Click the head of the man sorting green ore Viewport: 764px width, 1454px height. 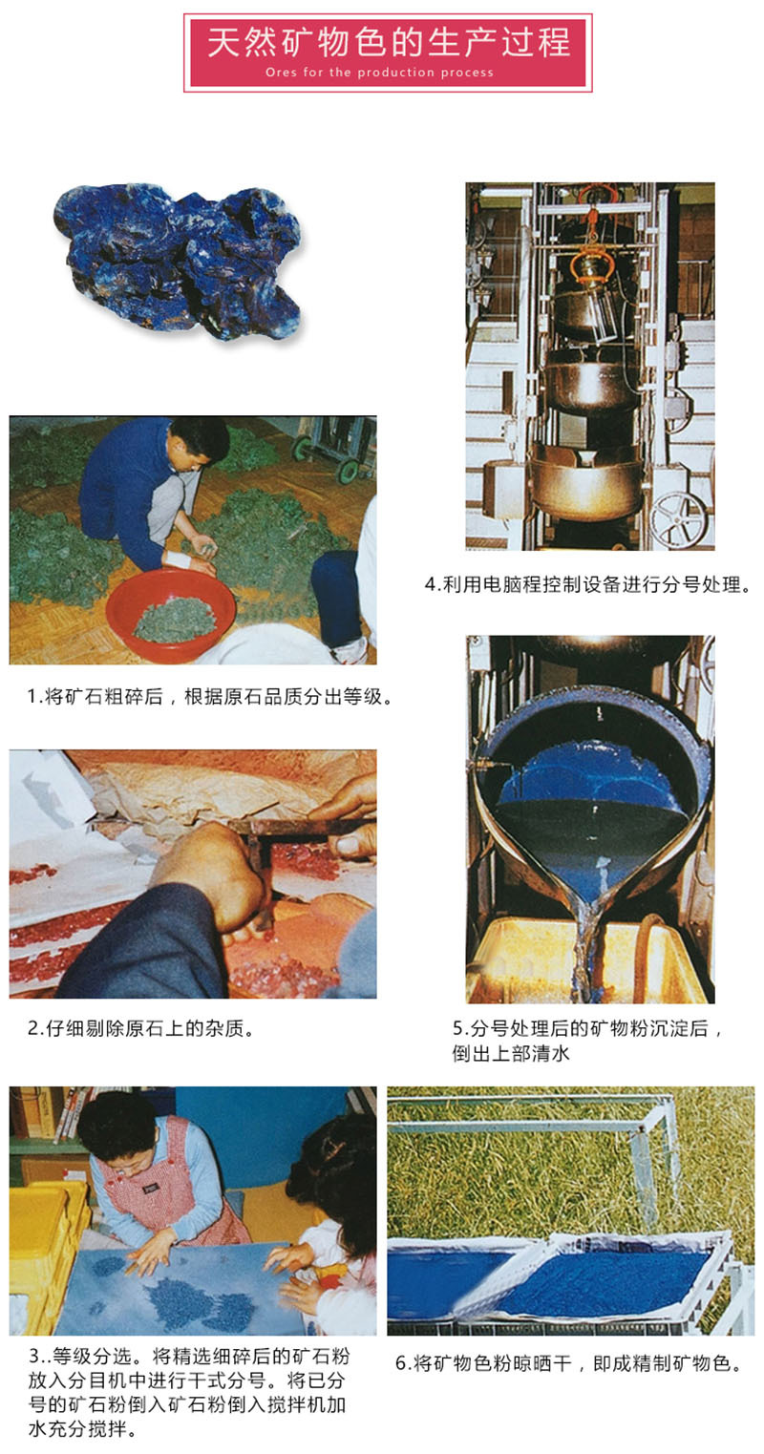tap(202, 444)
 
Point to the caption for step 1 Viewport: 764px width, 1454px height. tap(209, 697)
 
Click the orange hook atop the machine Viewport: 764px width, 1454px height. tap(593, 262)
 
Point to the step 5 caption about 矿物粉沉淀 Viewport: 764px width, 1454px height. tap(587, 1041)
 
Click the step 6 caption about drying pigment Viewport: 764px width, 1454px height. tap(569, 1363)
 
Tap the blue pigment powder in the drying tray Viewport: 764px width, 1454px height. tap(583, 1285)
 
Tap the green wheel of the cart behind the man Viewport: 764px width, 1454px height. tap(348, 471)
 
